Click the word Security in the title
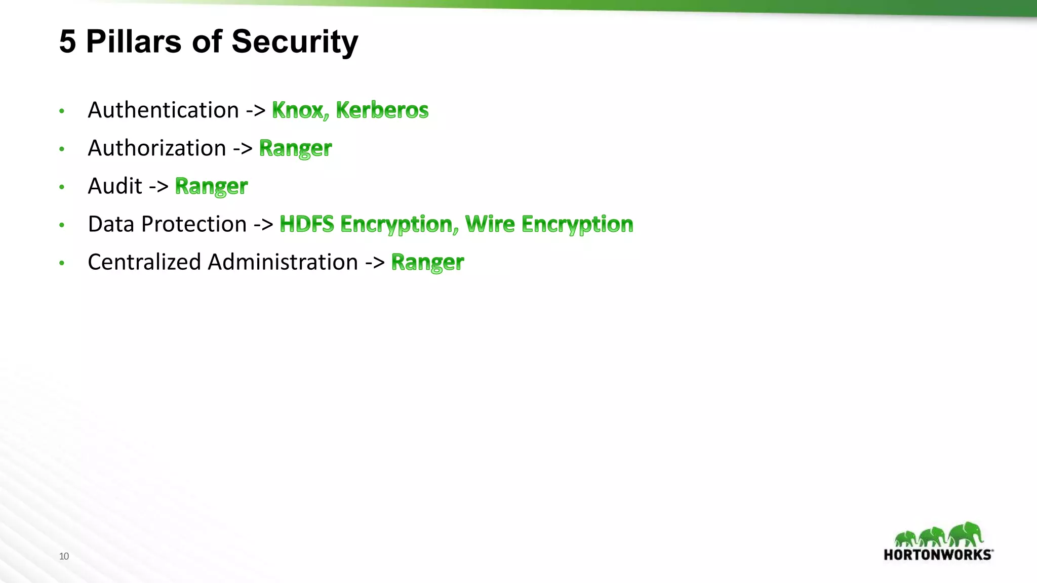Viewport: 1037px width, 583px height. point(295,42)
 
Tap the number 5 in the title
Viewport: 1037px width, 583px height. point(67,41)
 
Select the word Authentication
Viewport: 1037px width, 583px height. point(163,110)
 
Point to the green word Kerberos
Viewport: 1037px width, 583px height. point(382,110)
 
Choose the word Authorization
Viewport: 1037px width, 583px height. point(157,148)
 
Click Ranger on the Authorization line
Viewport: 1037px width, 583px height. point(295,148)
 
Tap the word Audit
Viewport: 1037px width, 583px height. point(115,186)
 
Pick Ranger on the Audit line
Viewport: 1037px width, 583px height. point(211,186)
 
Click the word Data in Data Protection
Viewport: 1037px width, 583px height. point(111,224)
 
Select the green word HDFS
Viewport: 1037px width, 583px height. point(307,224)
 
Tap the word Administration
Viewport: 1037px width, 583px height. point(283,262)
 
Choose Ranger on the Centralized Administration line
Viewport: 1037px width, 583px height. point(427,262)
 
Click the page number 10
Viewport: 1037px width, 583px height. point(64,556)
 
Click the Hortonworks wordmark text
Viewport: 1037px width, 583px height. point(938,555)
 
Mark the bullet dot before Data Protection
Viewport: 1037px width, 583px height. point(62,225)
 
